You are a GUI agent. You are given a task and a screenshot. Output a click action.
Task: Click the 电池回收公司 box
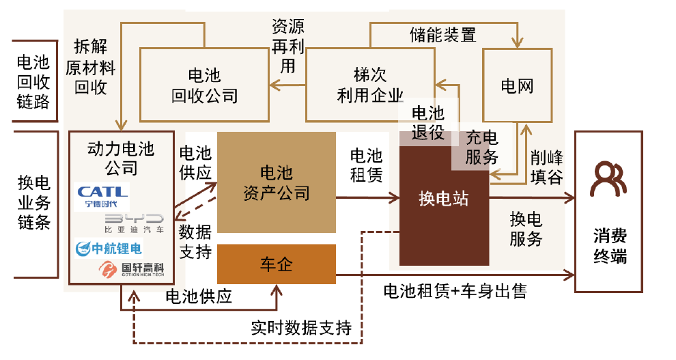(204, 85)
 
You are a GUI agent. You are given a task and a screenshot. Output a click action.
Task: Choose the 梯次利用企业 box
(369, 85)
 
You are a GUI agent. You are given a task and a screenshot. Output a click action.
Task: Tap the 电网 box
(517, 85)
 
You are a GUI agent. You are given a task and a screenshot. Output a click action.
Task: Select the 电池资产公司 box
(276, 182)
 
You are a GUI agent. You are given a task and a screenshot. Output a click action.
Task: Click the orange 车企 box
(276, 264)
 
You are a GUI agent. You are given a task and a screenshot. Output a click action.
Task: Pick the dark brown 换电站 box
(444, 200)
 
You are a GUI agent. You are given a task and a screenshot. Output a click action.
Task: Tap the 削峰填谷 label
(546, 167)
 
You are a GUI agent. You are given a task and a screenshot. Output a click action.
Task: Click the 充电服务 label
(482, 148)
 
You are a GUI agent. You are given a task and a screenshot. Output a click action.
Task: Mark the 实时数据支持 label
(300, 327)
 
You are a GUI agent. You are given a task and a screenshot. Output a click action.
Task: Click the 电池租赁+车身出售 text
(455, 292)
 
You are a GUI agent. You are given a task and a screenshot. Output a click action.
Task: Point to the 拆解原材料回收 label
(90, 68)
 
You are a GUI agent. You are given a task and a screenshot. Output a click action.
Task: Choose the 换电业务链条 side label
(33, 202)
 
